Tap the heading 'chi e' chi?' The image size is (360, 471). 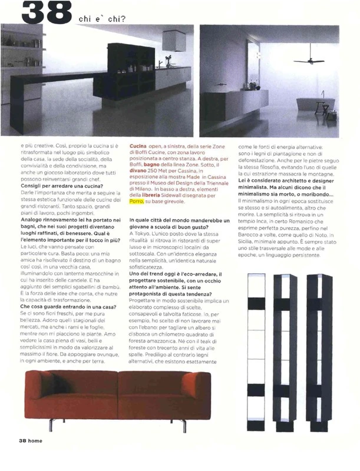101,18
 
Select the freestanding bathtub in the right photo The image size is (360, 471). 315,104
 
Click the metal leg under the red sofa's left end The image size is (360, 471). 52,422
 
